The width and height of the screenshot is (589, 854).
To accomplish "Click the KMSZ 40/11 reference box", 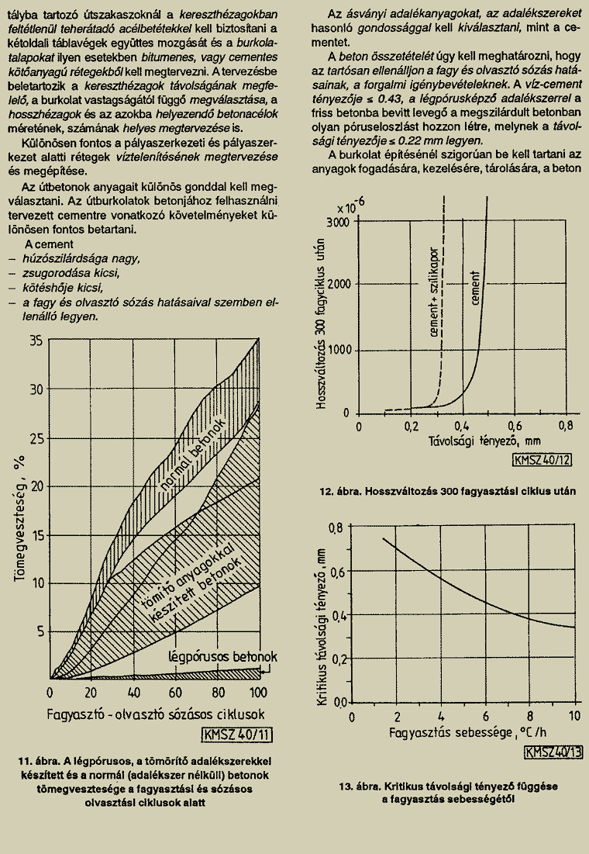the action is tap(237, 735).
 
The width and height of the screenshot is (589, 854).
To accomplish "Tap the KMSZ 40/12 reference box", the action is tap(542, 460).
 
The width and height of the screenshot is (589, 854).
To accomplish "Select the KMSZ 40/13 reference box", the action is tap(553, 752).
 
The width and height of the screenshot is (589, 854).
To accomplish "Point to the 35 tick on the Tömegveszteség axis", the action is tap(36, 341).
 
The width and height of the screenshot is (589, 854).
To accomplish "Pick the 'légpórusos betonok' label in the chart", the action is tap(222, 657).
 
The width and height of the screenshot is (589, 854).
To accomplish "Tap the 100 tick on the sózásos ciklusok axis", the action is tap(258, 693).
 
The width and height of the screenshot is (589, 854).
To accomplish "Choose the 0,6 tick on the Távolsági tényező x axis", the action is tap(515, 426).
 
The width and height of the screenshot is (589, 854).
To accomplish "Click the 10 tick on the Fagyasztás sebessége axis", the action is tap(575, 715).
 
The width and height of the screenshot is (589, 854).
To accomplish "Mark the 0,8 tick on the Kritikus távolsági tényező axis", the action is tap(337, 527).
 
